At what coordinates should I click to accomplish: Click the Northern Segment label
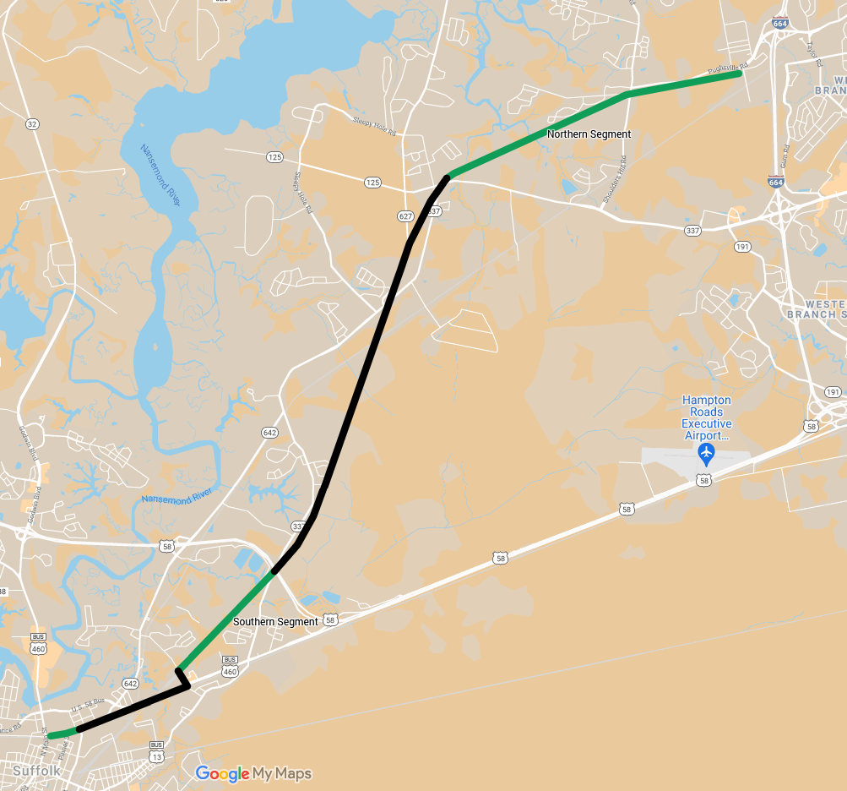pyautogui.click(x=589, y=134)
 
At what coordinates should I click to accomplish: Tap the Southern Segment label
pyautogui.click(x=275, y=622)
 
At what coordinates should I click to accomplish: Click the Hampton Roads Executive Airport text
pyautogui.click(x=707, y=417)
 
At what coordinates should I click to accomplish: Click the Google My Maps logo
pyautogui.click(x=253, y=773)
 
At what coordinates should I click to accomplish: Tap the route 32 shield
pyautogui.click(x=32, y=124)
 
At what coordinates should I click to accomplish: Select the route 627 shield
pyautogui.click(x=405, y=216)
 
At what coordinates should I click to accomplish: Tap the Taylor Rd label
pyautogui.click(x=813, y=52)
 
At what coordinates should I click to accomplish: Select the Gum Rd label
pyautogui.click(x=785, y=157)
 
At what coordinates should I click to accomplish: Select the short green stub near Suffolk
pyautogui.click(x=62, y=734)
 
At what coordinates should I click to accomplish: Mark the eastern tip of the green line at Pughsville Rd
pyautogui.click(x=740, y=74)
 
